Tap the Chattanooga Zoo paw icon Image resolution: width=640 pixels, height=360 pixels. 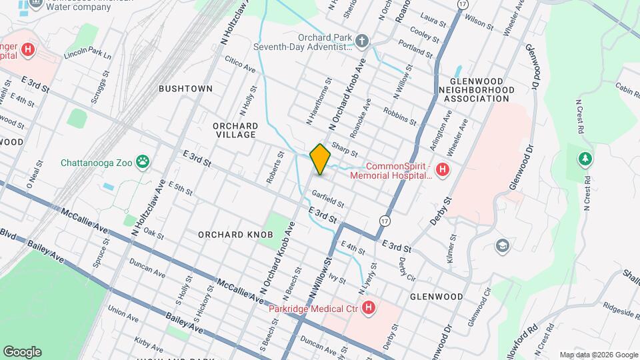coord(143,161)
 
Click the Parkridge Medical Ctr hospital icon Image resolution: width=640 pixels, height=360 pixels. coord(369,308)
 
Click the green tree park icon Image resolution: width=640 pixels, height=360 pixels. coord(585,159)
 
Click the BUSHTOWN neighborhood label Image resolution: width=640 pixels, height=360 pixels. coord(185,89)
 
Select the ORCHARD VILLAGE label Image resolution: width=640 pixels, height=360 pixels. coord(235,130)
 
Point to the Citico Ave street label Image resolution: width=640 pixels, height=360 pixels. coord(241,64)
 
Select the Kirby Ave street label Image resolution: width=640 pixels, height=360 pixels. coord(148,341)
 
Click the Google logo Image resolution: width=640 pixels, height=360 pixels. coord(22,352)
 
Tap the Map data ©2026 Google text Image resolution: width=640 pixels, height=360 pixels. coord(599,355)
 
